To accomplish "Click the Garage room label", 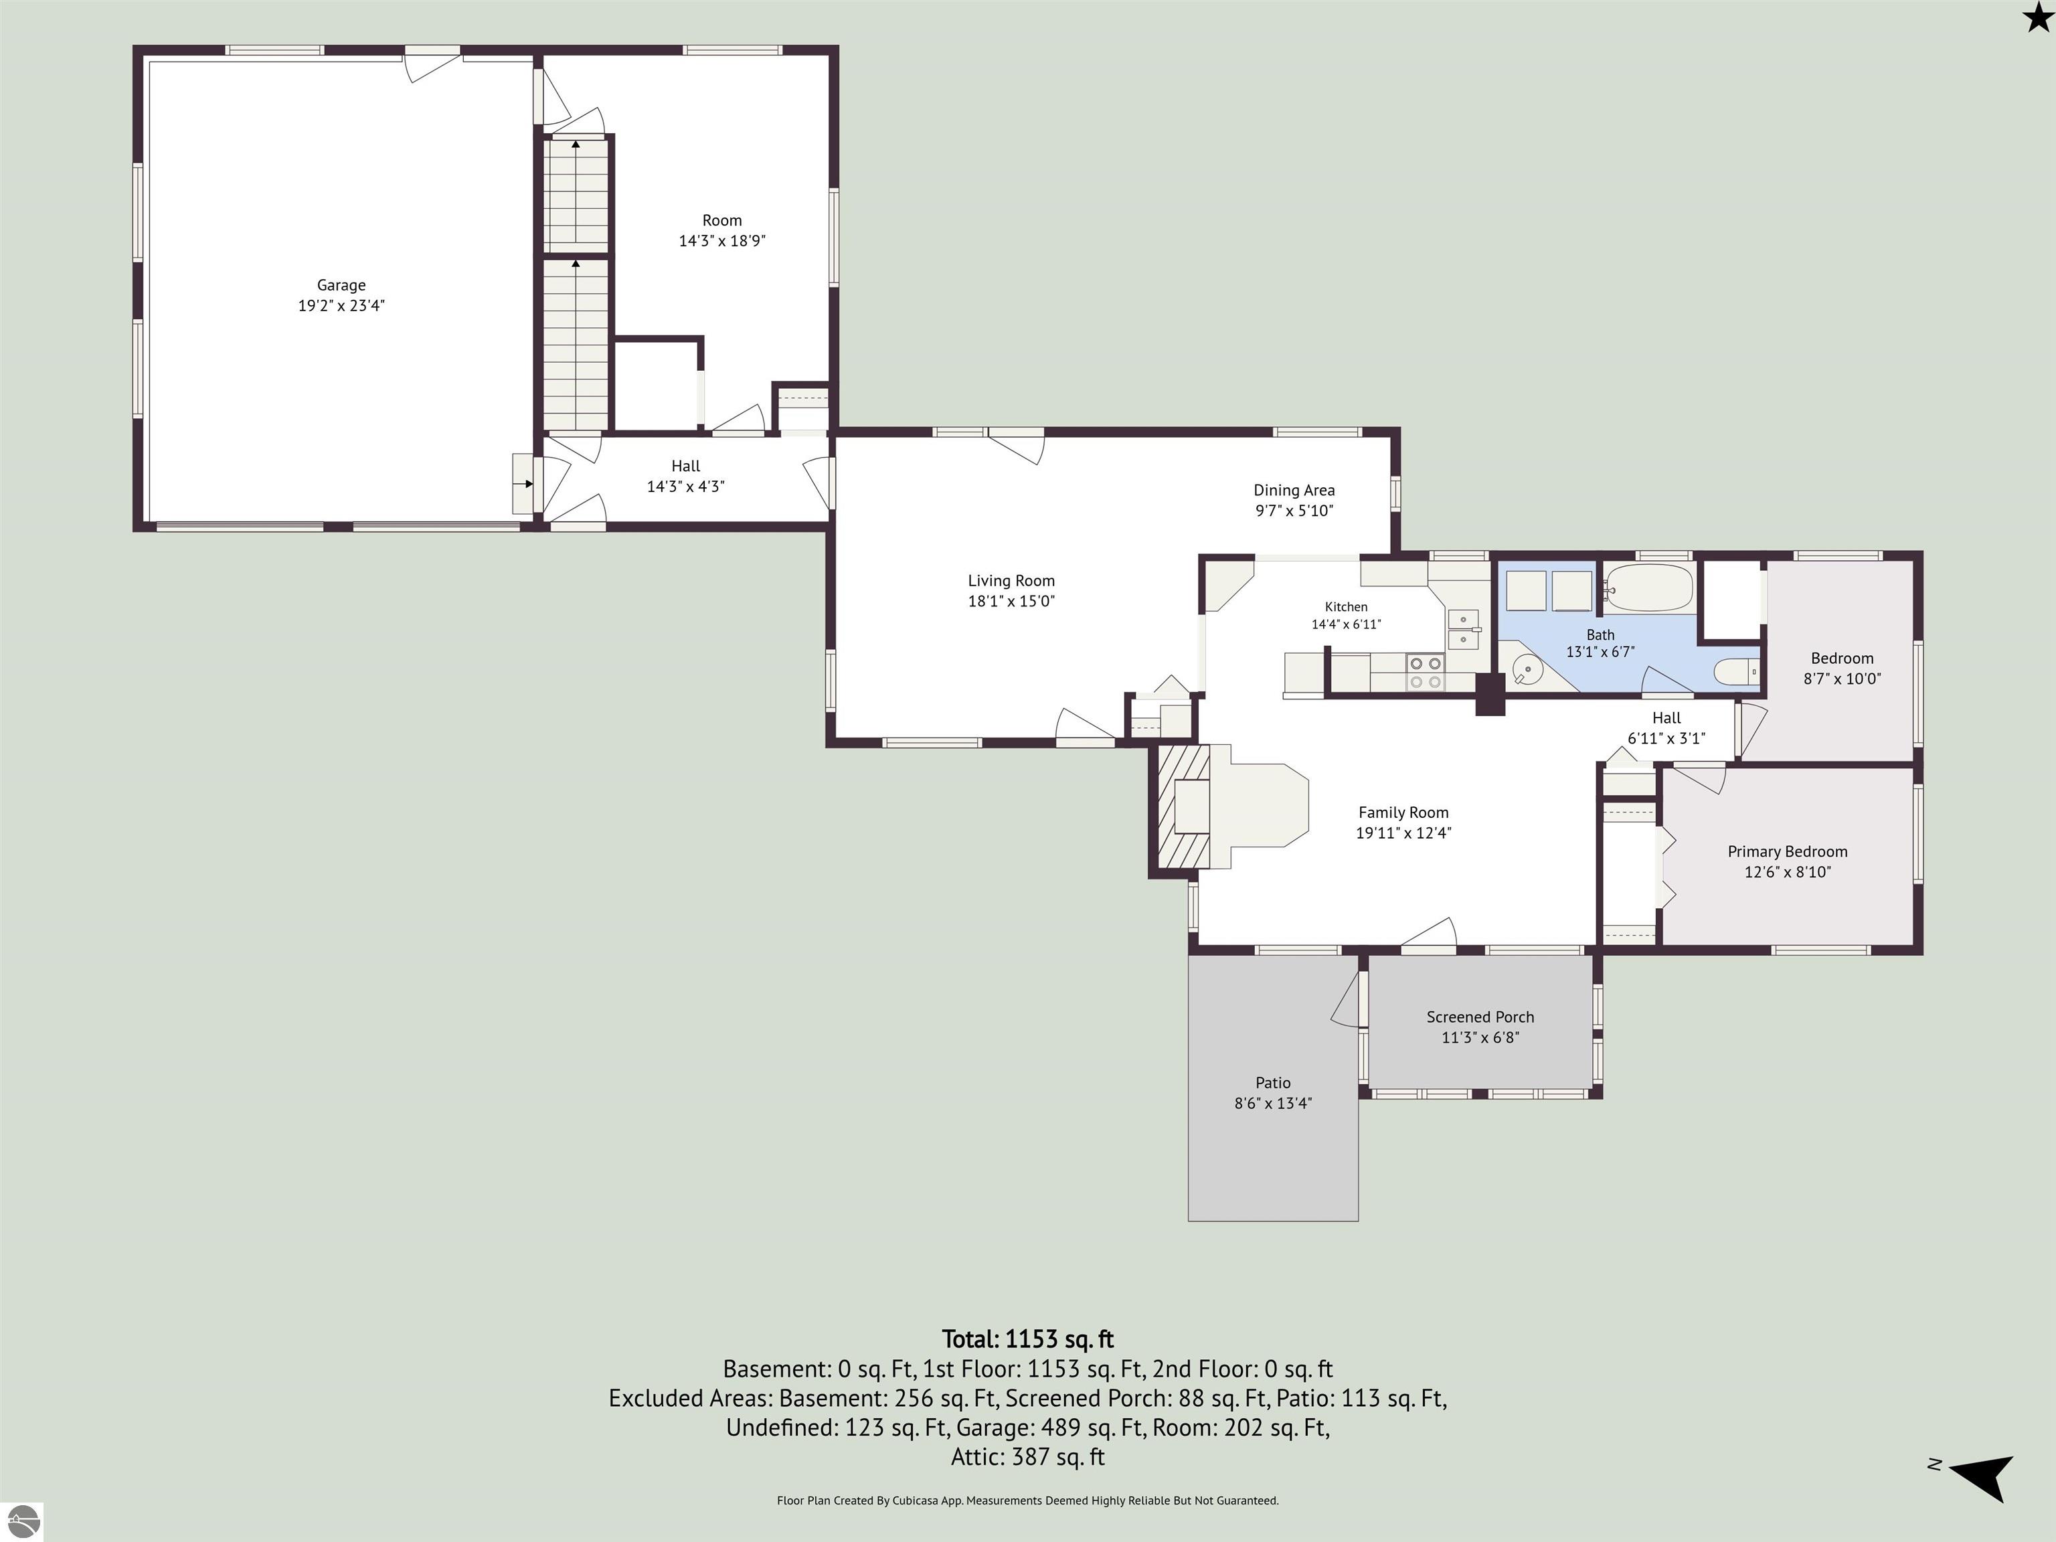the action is pos(341,285).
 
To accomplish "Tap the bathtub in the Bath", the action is pos(1650,588).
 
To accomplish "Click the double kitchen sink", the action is pos(1463,628).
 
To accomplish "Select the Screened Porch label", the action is pos(1480,1017).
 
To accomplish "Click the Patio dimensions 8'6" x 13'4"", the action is pos(1272,1103).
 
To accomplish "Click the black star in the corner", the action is pos(2037,16).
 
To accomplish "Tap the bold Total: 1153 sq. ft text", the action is pos(1028,1339).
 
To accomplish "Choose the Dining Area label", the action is pos(1294,490).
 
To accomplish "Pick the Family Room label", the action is pos(1403,812).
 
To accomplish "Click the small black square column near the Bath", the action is pos(1490,694).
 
